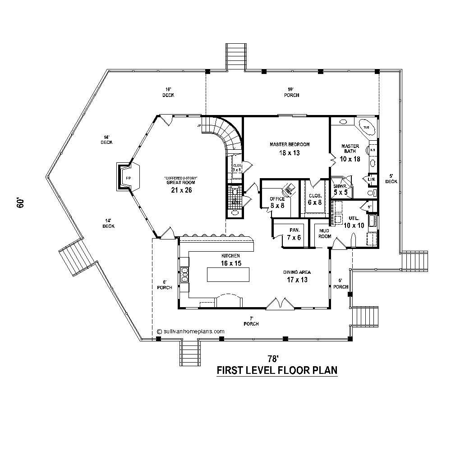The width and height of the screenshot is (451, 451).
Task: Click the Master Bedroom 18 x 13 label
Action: [290, 148]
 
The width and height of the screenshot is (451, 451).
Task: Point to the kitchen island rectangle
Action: [228, 274]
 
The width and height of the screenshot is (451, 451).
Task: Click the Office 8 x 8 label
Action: [277, 202]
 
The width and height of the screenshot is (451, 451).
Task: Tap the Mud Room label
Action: [325, 233]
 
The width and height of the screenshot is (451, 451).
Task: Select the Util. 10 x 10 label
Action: [354, 222]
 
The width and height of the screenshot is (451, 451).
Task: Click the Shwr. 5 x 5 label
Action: [340, 189]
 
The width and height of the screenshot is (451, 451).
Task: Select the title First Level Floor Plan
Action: [277, 370]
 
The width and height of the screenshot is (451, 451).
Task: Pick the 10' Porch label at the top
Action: [292, 92]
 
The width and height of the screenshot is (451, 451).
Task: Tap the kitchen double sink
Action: [184, 274]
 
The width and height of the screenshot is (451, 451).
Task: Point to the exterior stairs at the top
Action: [236, 56]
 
